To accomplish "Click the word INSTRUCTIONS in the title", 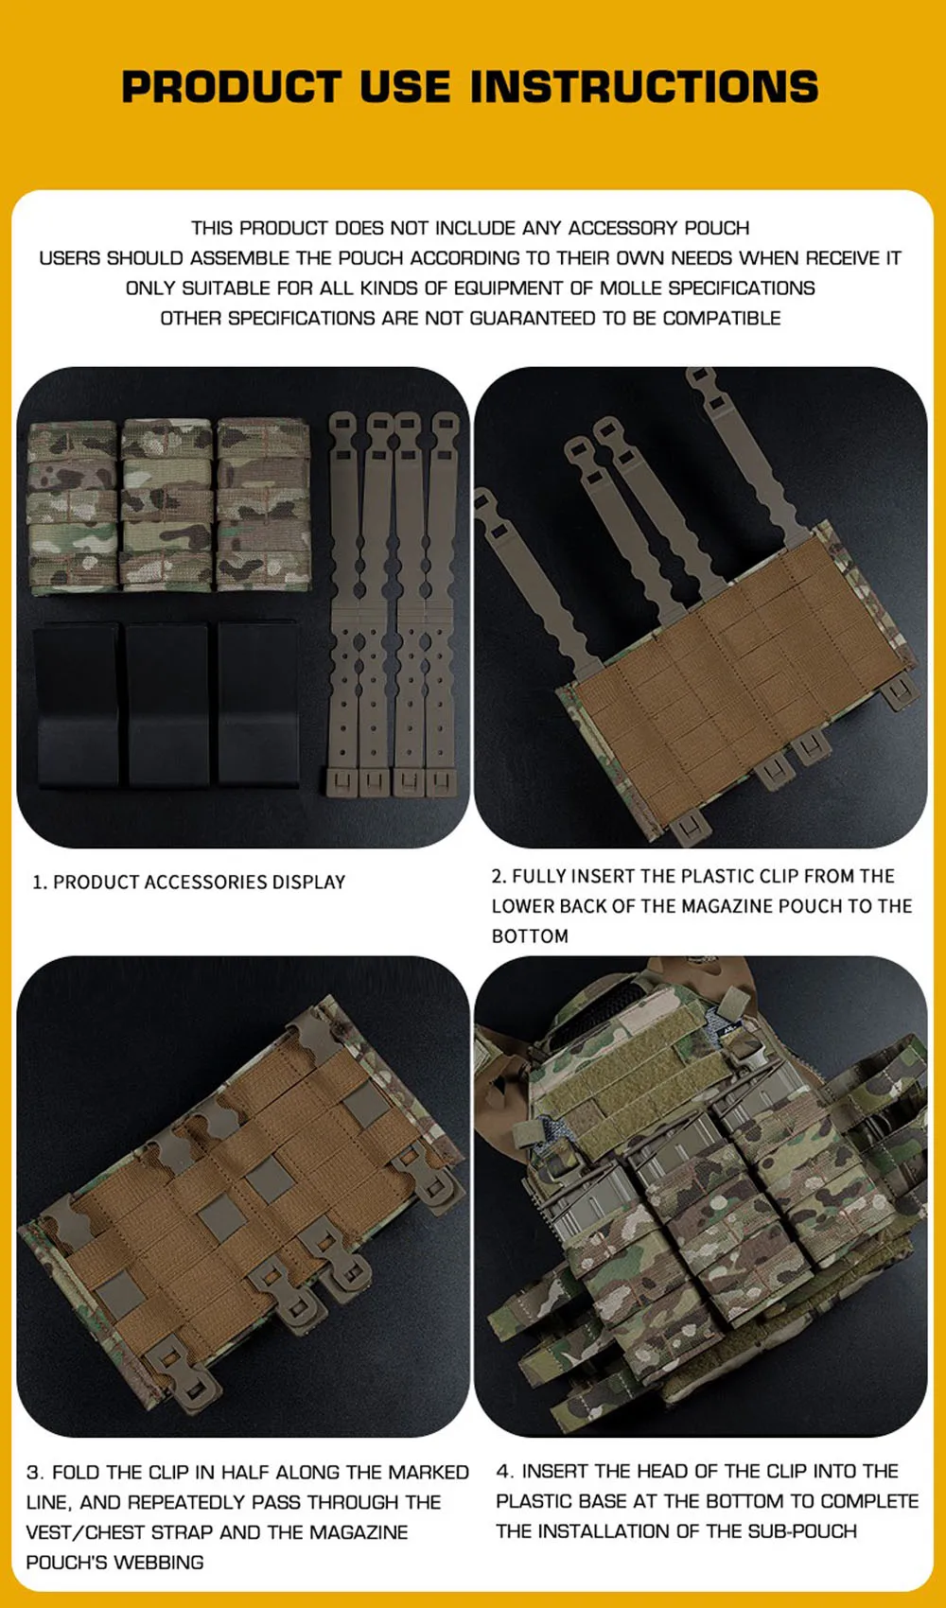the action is point(644,86).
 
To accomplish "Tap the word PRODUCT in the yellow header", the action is point(231,86).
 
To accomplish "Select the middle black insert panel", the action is point(168,705).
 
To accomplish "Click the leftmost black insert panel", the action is point(76,705).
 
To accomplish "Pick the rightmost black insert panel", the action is point(258,705).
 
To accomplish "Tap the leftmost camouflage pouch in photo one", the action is point(72,508).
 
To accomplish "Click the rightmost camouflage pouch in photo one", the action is point(263,505).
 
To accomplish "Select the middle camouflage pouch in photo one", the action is point(167,505).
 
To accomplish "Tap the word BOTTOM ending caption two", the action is point(530,936).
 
